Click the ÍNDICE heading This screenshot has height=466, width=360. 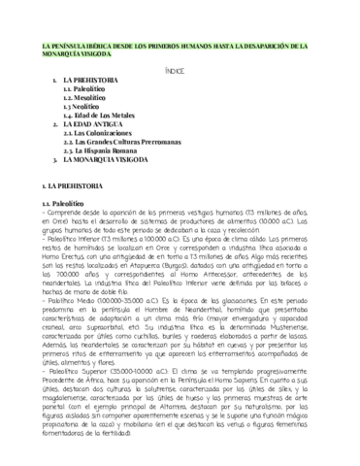pyautogui.click(x=180, y=71)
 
